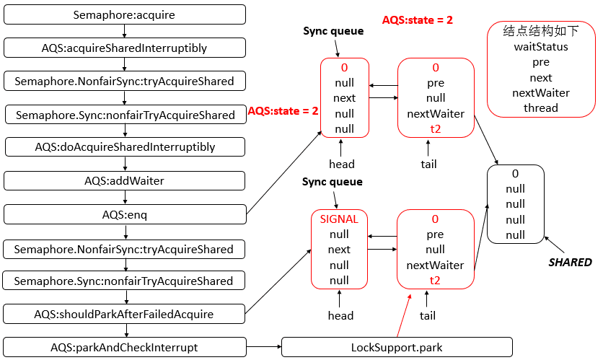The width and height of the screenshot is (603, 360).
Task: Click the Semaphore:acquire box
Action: click(x=125, y=14)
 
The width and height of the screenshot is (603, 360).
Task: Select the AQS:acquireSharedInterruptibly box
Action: click(x=125, y=48)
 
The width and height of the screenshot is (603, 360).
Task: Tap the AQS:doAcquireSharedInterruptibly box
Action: click(x=125, y=147)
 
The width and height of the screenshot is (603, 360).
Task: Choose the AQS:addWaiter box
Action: click(x=125, y=181)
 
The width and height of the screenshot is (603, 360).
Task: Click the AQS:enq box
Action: click(x=125, y=214)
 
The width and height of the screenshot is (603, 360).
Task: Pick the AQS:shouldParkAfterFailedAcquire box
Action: click(x=125, y=314)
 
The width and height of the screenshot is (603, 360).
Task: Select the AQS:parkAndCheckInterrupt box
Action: click(x=125, y=347)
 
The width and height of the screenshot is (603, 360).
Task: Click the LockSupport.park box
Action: click(x=396, y=347)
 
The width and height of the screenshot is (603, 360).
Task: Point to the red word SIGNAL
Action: click(x=339, y=219)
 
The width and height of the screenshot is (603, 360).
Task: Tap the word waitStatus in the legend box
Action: click(x=541, y=46)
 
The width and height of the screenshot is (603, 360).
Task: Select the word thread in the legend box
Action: click(x=541, y=108)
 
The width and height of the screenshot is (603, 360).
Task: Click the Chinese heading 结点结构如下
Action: click(x=541, y=31)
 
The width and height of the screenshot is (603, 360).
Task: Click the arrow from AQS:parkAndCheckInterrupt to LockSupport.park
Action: click(x=263, y=347)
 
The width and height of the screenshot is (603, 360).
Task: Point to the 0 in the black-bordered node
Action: click(x=515, y=174)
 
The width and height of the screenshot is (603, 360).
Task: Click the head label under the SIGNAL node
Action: click(x=340, y=315)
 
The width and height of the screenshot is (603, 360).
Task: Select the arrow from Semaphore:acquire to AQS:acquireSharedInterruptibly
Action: click(x=125, y=31)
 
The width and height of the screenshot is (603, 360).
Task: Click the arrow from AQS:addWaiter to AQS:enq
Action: click(x=125, y=198)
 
